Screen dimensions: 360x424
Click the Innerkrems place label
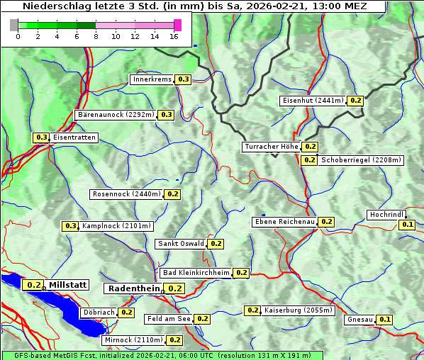pos(152,79)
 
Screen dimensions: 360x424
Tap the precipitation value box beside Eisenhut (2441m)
pos(355,101)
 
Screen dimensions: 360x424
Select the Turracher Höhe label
pos(271,147)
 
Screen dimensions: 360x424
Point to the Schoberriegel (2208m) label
pos(361,160)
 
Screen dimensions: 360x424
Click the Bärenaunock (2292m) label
pos(115,114)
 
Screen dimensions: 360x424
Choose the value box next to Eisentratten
pos(41,137)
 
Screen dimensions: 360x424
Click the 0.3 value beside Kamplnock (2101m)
pos(70,226)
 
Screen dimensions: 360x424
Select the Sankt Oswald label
pos(181,244)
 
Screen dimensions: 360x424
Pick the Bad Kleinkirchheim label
pos(196,273)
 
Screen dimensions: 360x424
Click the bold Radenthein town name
pos(134,288)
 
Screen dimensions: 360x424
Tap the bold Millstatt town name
pos(68,285)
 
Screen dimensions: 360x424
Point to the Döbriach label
pos(99,312)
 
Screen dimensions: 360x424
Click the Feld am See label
pos(169,319)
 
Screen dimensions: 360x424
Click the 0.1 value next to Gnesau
pos(384,320)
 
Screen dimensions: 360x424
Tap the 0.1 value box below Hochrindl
pos(407,225)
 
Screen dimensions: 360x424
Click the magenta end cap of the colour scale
pos(177,25)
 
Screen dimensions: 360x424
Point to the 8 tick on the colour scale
pos(96,35)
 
